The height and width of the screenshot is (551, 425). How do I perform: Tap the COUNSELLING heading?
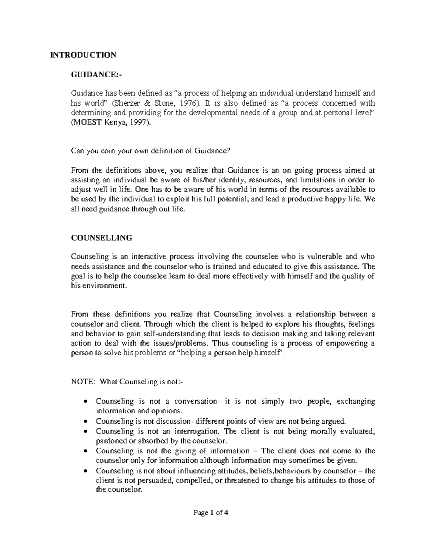click(102, 238)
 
